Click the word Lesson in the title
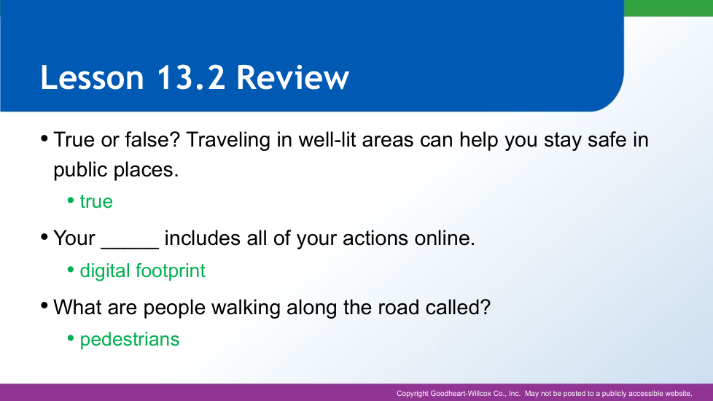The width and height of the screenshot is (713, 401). [93, 77]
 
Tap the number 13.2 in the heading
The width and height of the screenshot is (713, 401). [190, 77]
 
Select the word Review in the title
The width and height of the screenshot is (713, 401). [293, 77]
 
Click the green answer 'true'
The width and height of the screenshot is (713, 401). [96, 201]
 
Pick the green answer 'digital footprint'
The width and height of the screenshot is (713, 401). [142, 271]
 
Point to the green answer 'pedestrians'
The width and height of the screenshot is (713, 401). [130, 340]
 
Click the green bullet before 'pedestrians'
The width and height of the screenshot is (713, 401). [71, 338]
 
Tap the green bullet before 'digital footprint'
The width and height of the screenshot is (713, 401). [71, 270]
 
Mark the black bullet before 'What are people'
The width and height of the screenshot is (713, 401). [44, 305]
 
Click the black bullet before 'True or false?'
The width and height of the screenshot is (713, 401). [44, 138]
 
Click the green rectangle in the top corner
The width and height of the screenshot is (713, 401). [669, 8]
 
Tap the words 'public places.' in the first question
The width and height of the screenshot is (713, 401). [116, 170]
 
